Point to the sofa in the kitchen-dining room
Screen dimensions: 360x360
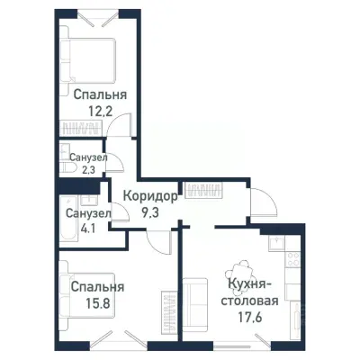pos(194,301)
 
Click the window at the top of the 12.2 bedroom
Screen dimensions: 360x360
pos(99,15)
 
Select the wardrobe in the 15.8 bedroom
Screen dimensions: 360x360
pos(166,310)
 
